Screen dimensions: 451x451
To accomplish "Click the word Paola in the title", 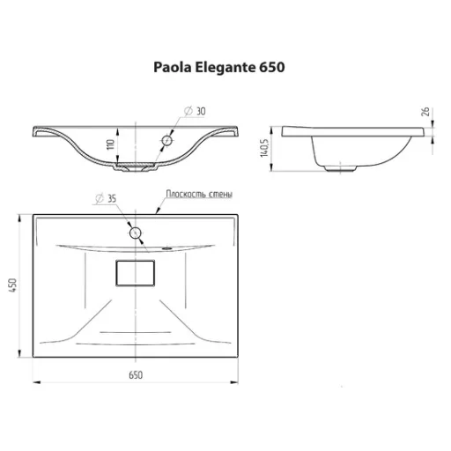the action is tap(173, 67).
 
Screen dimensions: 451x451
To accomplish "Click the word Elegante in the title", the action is tap(225, 68).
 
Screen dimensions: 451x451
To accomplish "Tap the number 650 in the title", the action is tap(272, 67).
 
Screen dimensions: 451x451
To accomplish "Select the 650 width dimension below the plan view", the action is tap(136, 375).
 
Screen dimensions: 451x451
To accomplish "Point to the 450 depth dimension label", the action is tap(13, 285).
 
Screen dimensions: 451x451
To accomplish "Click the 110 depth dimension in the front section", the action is tap(111, 144).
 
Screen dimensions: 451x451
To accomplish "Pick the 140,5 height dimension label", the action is tap(264, 148).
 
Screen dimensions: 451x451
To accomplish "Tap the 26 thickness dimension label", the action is tap(425, 112).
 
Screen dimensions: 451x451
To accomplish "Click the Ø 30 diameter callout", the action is tap(195, 111).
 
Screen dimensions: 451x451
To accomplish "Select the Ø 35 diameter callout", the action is tap(106, 198).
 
